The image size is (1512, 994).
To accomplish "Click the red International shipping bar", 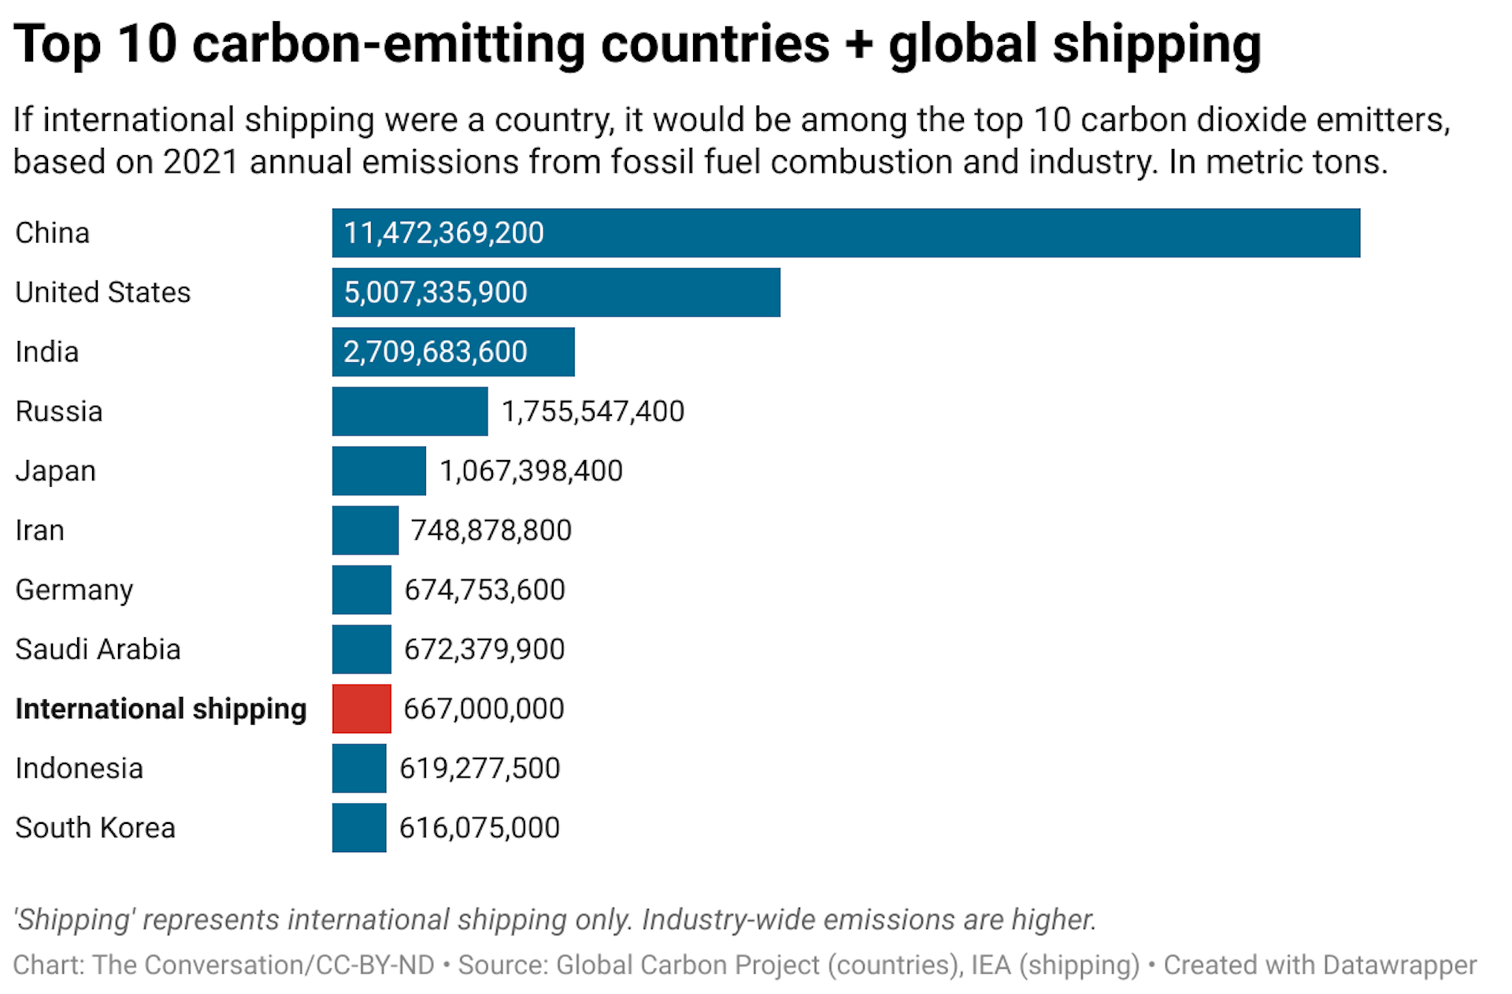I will click(361, 709).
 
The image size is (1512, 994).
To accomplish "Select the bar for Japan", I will click(379, 471).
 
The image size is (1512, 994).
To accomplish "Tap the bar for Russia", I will click(409, 411).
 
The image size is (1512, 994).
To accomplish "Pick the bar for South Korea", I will click(359, 828).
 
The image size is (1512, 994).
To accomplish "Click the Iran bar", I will click(365, 530).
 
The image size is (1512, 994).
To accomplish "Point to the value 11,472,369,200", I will click(443, 233).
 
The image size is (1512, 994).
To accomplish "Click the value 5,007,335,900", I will click(435, 292).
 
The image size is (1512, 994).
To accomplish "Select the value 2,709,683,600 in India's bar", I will click(435, 352).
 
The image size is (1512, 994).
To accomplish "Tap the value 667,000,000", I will click(484, 709).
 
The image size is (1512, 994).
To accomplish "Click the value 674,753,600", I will click(484, 590).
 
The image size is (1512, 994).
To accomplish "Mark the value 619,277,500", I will click(480, 768).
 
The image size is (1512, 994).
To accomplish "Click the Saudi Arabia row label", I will click(98, 649).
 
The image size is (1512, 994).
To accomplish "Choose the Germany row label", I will click(74, 590).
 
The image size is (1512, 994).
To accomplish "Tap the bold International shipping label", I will click(161, 709).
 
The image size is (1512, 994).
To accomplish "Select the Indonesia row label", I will click(79, 768).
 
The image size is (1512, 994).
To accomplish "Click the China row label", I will click(52, 233).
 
